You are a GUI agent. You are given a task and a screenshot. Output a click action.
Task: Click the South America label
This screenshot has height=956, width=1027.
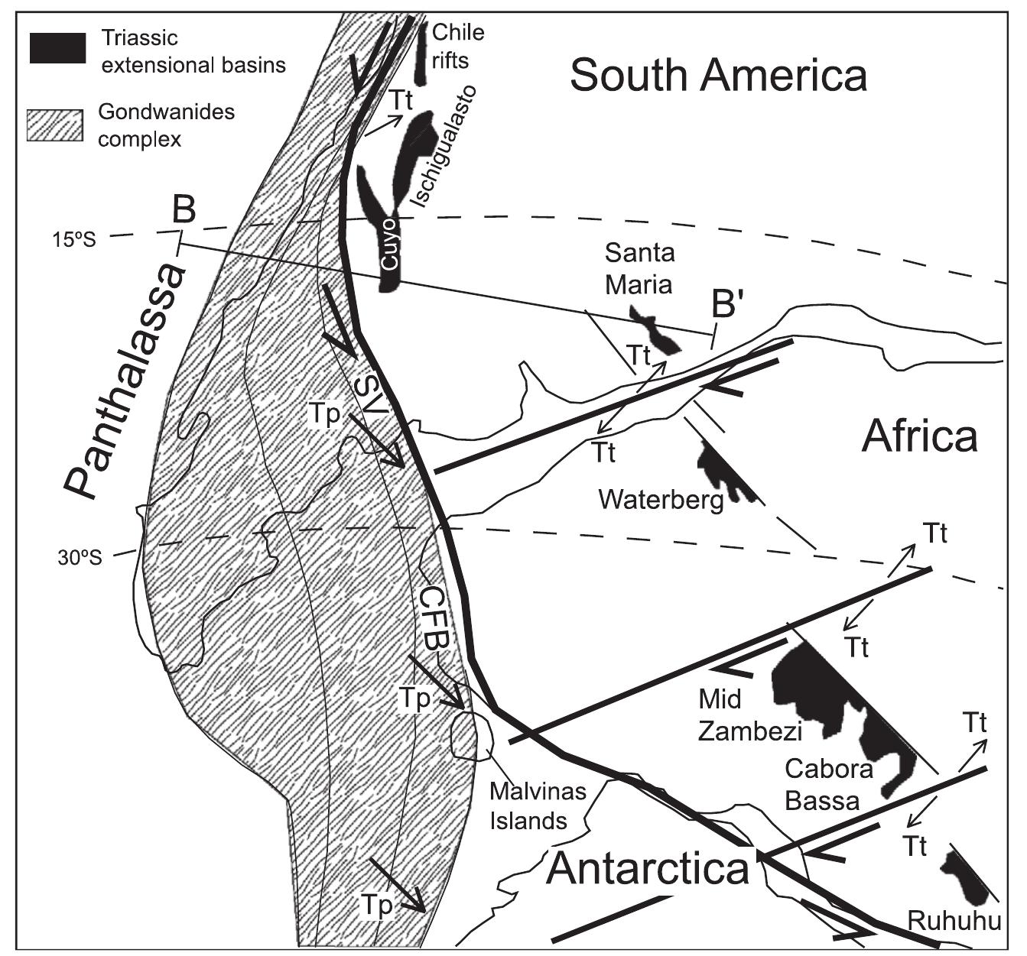[x=718, y=76]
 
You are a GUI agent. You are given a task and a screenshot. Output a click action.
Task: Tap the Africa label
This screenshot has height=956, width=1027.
[x=919, y=437]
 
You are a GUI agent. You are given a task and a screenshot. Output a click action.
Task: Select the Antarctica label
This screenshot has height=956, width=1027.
[x=648, y=868]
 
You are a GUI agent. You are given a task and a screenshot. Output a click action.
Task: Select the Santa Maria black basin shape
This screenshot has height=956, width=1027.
[x=655, y=331]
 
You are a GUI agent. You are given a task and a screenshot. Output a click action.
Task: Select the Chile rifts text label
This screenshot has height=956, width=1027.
[x=458, y=44]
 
